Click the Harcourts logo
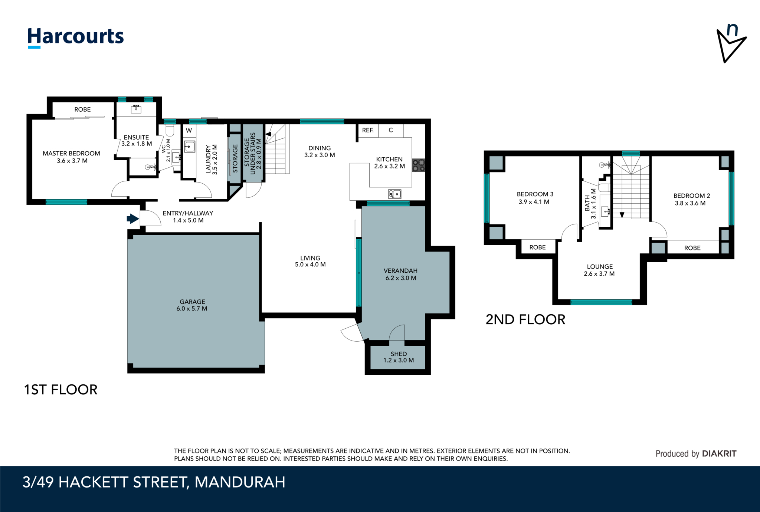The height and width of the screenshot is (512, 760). click(x=76, y=37)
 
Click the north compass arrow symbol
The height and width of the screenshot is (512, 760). click(x=730, y=44)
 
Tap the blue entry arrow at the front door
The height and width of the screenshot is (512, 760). click(x=132, y=219)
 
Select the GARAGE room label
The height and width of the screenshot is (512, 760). click(x=192, y=302)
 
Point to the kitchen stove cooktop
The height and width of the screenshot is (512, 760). click(x=419, y=165)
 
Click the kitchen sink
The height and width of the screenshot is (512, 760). click(x=394, y=194)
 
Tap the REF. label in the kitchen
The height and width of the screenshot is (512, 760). click(x=368, y=130)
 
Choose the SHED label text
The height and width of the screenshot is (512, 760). click(x=399, y=354)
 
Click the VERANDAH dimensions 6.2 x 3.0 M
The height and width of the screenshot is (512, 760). click(x=401, y=278)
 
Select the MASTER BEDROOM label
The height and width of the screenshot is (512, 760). click(x=71, y=153)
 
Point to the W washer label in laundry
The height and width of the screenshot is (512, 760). click(x=189, y=130)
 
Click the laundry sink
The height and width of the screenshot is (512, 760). click(x=189, y=147)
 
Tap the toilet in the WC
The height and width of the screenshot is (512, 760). click(x=170, y=129)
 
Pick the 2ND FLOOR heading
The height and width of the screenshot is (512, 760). click(x=525, y=319)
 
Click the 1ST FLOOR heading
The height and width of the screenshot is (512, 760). click(x=60, y=390)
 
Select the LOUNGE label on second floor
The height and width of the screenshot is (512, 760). click(x=600, y=266)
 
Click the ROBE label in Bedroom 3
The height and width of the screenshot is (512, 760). click(x=537, y=247)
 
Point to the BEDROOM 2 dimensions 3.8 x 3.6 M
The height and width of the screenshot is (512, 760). click(x=690, y=203)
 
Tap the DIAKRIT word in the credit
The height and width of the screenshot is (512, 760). click(x=719, y=453)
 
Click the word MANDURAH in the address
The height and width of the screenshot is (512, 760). click(x=240, y=482)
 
